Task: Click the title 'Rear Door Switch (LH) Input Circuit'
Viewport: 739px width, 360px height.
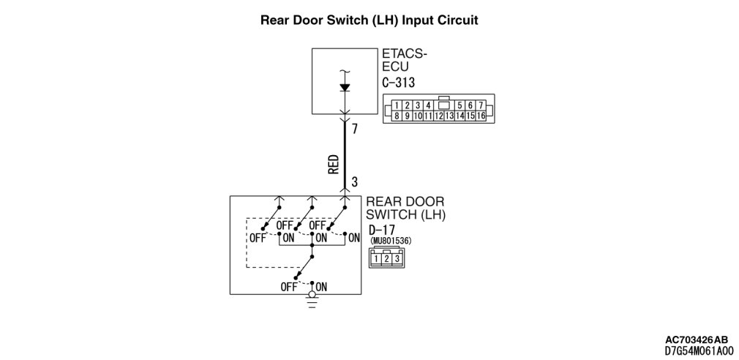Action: click(x=369, y=20)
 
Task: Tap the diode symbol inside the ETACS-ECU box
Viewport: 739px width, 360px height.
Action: click(x=345, y=87)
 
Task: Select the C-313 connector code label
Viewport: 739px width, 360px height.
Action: click(x=398, y=82)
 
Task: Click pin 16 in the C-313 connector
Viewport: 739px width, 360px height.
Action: click(x=481, y=116)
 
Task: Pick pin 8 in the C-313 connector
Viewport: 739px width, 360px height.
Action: click(x=396, y=116)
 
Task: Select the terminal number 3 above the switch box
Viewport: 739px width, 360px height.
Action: click(x=354, y=181)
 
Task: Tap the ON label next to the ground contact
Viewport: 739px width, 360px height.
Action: click(x=321, y=286)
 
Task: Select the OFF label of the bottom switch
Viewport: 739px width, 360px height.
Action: click(x=289, y=286)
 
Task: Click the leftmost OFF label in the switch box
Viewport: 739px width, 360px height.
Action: click(x=258, y=238)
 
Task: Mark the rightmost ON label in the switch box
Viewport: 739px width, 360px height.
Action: click(x=354, y=238)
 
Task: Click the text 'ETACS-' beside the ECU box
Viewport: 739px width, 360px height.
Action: click(x=404, y=54)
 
